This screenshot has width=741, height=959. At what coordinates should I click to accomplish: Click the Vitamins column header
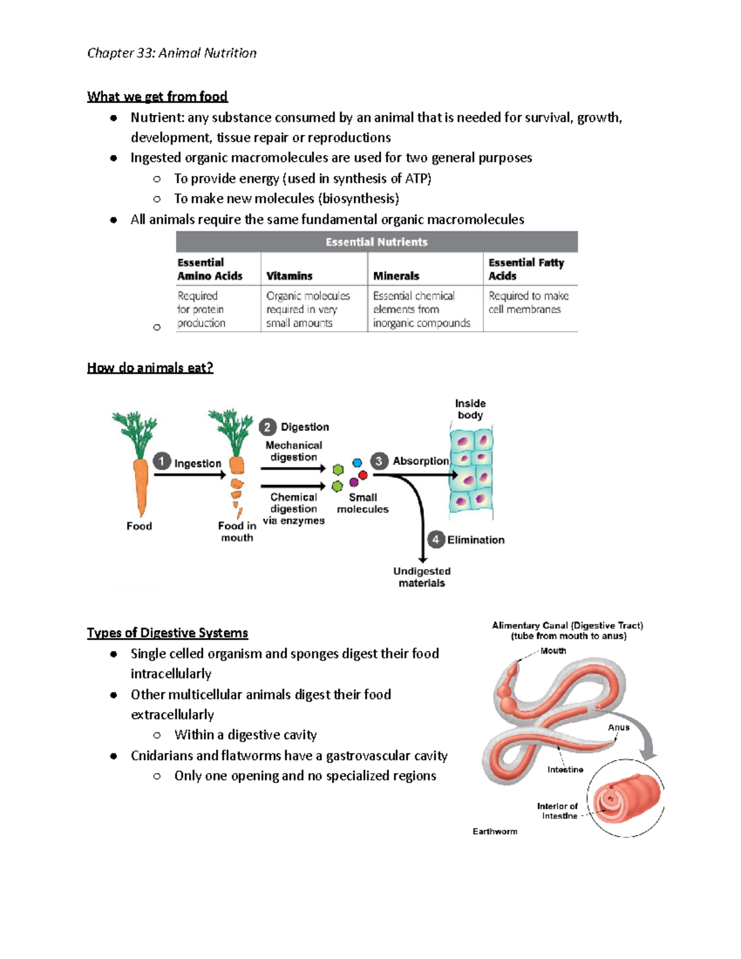tap(289, 276)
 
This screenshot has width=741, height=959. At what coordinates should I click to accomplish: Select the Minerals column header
tap(396, 276)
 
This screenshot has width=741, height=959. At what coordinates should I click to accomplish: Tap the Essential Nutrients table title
tap(377, 242)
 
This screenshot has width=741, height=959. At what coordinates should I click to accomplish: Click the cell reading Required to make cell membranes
tap(529, 303)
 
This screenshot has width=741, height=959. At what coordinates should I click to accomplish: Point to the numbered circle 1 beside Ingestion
tap(162, 461)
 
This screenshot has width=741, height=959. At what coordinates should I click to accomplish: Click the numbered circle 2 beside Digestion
tap(267, 427)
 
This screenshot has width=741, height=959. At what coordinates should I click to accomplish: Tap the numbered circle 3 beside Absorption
tap(379, 461)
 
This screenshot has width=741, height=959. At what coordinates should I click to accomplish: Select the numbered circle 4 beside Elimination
tap(436, 539)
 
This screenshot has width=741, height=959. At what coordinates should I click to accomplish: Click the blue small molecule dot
tap(357, 463)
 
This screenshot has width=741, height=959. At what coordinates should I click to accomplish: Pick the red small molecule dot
tap(363, 475)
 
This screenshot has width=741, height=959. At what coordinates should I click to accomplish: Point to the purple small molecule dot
tap(354, 482)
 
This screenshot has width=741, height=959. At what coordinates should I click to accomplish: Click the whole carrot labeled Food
tap(140, 469)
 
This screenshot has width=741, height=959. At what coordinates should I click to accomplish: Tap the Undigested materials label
tap(422, 577)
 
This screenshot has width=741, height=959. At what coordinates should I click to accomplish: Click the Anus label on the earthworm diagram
tap(618, 727)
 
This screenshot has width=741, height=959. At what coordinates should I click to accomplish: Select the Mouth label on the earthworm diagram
tap(553, 650)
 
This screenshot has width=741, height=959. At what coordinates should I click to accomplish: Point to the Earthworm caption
tap(495, 831)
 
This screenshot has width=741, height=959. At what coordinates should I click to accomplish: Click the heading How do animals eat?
tap(150, 367)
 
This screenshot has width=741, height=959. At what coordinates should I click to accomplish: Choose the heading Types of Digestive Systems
tap(167, 633)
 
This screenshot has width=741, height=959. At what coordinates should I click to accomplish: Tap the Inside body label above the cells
tap(471, 409)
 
